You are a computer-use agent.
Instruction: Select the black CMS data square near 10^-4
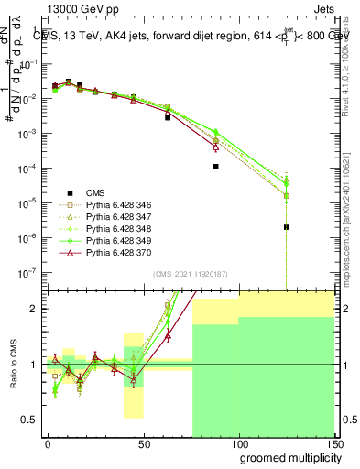pyautogui.click(x=215, y=167)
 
